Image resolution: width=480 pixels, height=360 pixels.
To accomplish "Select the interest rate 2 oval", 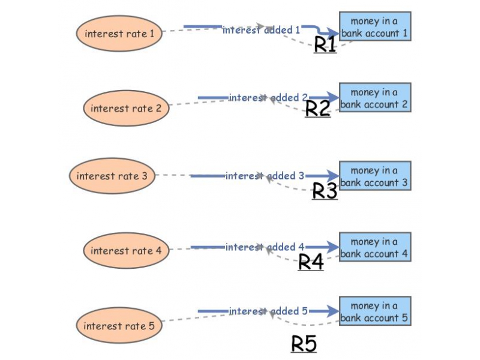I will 126,109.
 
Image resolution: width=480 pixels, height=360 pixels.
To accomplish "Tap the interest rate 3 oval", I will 112,176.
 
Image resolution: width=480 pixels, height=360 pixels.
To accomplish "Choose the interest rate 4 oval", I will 126,251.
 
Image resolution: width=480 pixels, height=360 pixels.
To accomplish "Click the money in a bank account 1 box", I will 375,26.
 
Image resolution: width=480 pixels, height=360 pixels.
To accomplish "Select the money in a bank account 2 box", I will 375,98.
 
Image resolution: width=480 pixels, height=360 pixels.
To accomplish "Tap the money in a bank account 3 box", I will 375,176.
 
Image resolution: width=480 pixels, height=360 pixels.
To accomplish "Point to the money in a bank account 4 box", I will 375,247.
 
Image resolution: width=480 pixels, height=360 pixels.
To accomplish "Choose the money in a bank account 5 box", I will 375,311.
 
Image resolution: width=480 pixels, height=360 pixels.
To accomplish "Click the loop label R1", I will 325,44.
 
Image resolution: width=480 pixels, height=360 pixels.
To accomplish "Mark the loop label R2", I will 318,108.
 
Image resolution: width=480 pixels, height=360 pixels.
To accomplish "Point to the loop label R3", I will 325,191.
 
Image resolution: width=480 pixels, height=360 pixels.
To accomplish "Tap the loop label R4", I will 311,262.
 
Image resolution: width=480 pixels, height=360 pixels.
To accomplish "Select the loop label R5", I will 304,344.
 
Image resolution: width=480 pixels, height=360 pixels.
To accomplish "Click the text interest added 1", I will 261,29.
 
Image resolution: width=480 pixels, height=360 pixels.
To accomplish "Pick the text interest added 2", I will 268,97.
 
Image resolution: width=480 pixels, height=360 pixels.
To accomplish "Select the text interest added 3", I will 265,176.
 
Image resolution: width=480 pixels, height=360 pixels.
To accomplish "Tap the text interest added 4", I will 265,247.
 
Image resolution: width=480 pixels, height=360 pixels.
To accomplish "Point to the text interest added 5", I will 268,311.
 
